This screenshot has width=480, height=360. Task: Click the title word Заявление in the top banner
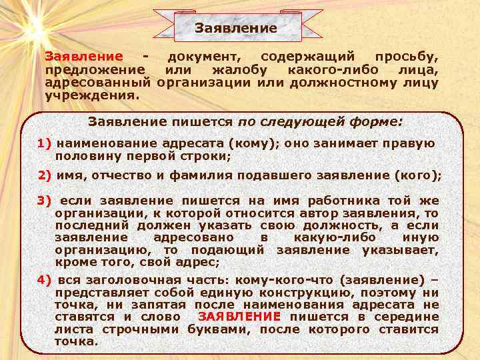(x=235, y=28)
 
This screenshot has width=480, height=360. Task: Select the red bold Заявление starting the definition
(x=83, y=58)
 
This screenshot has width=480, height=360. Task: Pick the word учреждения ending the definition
(x=91, y=95)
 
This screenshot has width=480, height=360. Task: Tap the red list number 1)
(x=45, y=143)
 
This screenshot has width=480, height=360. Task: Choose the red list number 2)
(x=45, y=176)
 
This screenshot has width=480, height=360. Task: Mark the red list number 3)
(x=45, y=201)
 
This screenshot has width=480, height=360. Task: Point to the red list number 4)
(x=45, y=280)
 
